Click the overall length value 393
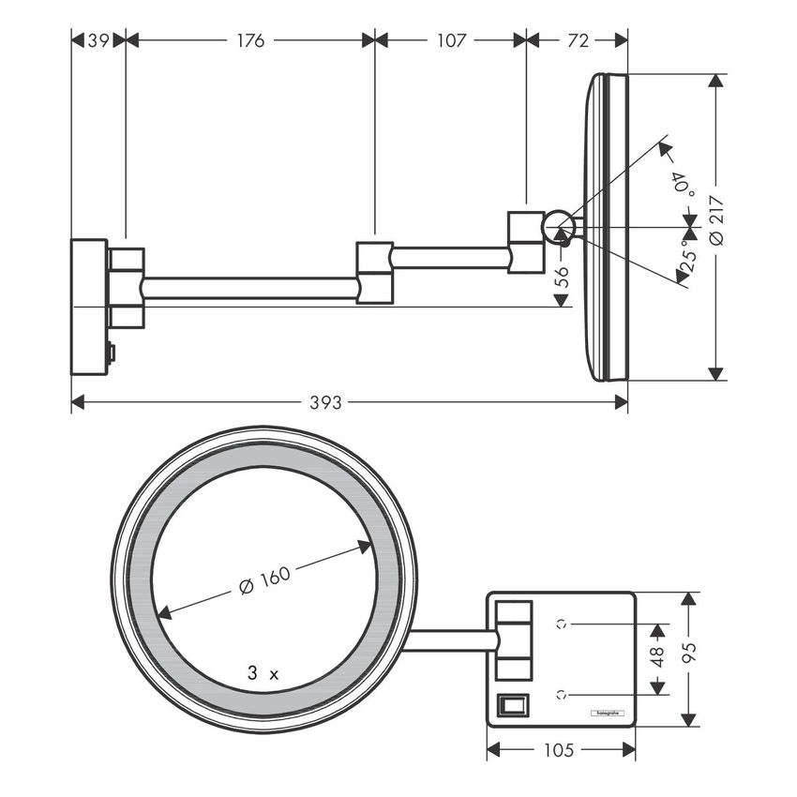tap(325, 402)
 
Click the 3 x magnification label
tap(263, 672)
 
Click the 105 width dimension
tap(562, 749)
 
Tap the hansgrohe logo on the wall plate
tap(606, 714)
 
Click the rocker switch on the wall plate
tap(512, 703)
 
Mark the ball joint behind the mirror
tap(560, 226)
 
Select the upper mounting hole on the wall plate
tap(561, 623)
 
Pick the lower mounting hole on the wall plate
tap(561, 694)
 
